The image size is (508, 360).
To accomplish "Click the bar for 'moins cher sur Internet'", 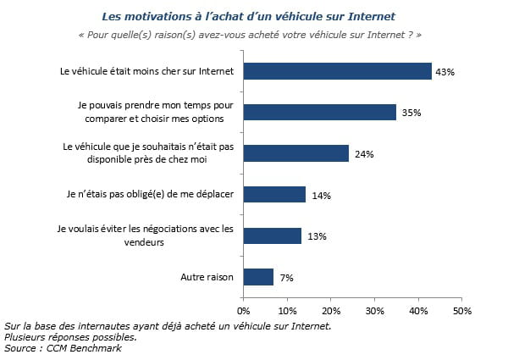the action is pyautogui.click(x=338, y=71).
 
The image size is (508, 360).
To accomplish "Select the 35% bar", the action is pyautogui.click(x=320, y=112).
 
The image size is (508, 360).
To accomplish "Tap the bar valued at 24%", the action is pyautogui.click(x=296, y=153).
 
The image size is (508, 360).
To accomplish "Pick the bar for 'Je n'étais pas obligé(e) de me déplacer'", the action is pyautogui.click(x=274, y=195).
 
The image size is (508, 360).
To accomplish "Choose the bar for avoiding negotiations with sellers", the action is pyautogui.click(x=273, y=235).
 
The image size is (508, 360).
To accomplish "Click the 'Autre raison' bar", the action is pyautogui.click(x=258, y=277).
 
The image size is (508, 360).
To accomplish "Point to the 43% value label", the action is pyautogui.click(x=444, y=72).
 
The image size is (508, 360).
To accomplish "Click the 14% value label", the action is pyautogui.click(x=322, y=196).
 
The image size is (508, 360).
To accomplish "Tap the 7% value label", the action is pyautogui.click(x=287, y=278).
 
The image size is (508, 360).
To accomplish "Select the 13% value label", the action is pyautogui.click(x=317, y=236).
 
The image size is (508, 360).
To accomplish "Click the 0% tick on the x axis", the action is pyautogui.click(x=244, y=311).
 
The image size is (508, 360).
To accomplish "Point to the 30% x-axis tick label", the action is pyautogui.click(x=374, y=311).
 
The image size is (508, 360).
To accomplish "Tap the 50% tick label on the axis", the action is pyautogui.click(x=462, y=311).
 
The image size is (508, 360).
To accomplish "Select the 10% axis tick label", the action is pyautogui.click(x=287, y=311).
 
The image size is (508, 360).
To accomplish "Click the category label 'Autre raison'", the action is pyautogui.click(x=207, y=277).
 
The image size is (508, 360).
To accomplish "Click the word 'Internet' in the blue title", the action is pyautogui.click(x=372, y=17).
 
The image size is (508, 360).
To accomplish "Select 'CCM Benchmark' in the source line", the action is pyautogui.click(x=84, y=348).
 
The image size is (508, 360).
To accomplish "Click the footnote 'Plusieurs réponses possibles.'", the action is pyautogui.click(x=70, y=337).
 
